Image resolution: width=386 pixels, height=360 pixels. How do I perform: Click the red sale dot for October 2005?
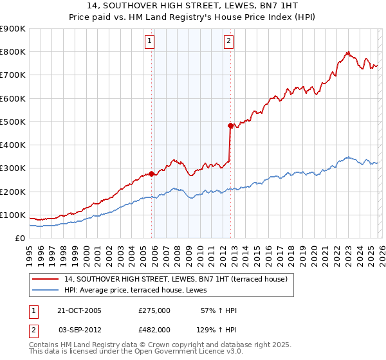[152, 174]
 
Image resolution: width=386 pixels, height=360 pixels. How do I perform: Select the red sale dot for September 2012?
[230, 126]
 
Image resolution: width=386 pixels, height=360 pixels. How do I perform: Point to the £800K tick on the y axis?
[13, 52]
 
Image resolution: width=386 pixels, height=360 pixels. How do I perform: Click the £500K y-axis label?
[13, 122]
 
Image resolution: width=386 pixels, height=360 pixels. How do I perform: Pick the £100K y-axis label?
[13, 215]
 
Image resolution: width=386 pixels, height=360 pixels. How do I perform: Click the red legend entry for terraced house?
[179, 278]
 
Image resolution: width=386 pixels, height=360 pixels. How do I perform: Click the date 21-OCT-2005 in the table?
[80, 310]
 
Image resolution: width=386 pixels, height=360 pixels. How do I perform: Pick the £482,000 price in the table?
[154, 329]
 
